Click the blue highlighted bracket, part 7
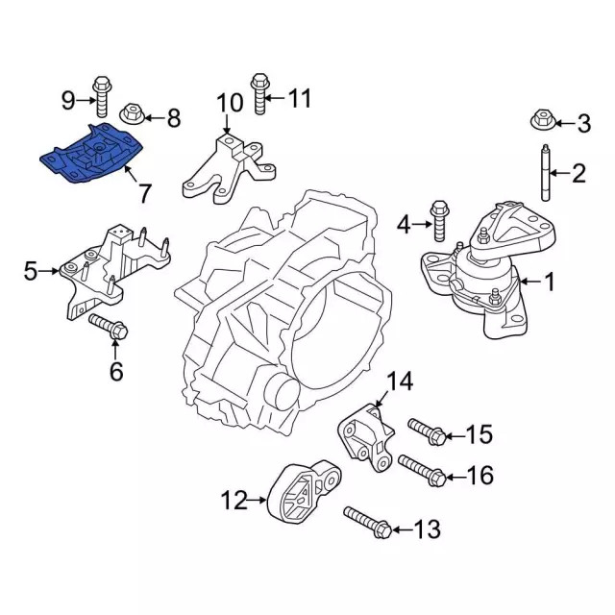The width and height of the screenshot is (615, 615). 91,154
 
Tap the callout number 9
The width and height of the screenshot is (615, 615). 68,98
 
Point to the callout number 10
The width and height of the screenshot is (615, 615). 231,103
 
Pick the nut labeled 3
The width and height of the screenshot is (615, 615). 542,121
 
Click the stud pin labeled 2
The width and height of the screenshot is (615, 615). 544,173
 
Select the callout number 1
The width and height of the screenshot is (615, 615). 549,282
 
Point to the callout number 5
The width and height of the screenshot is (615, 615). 30,273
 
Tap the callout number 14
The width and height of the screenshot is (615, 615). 399,381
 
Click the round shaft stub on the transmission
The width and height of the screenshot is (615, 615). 280,394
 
